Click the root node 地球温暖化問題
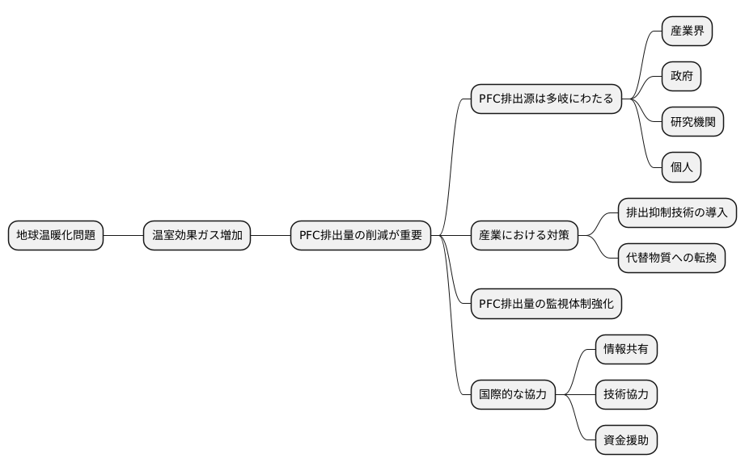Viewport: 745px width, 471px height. (56, 235)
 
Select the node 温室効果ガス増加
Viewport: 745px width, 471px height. (197, 235)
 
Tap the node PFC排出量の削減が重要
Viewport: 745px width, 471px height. (361, 235)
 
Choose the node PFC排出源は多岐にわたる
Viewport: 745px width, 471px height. (546, 99)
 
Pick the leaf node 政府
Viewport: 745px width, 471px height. (681, 77)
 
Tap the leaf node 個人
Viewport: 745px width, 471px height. (681, 167)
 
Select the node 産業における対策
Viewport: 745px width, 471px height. (524, 235)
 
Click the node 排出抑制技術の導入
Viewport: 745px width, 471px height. (677, 212)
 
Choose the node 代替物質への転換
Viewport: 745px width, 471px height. (671, 258)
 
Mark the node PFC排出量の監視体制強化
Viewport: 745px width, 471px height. (546, 303)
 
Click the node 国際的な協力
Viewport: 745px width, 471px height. (513, 394)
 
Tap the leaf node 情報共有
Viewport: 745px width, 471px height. (625, 349)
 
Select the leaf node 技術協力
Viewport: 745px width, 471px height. (625, 394)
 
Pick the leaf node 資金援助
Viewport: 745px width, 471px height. (625, 439)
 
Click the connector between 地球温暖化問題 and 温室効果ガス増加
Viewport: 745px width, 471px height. (124, 235)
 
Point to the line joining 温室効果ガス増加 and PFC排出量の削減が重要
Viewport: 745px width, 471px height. (270, 235)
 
